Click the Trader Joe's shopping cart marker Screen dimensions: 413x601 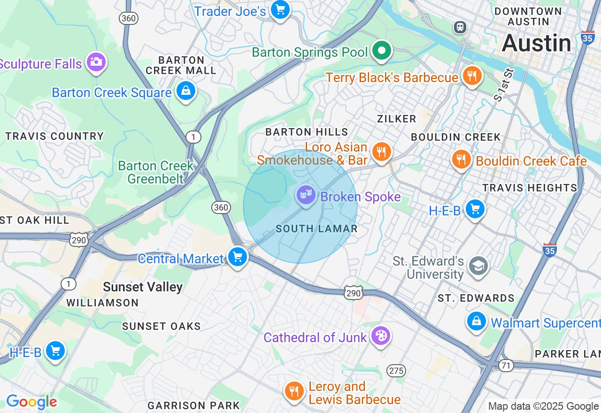click(280, 9)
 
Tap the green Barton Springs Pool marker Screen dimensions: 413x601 click(382, 51)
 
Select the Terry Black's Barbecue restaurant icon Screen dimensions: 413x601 click(472, 76)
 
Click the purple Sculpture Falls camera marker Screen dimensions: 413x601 click(96, 62)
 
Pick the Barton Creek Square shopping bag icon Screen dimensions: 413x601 click(186, 91)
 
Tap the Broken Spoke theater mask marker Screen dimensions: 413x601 click(306, 195)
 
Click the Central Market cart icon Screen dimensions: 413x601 click(238, 257)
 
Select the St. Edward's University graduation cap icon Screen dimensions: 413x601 click(478, 266)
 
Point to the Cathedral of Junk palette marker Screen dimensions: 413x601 click(380, 336)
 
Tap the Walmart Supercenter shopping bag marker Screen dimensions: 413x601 click(477, 321)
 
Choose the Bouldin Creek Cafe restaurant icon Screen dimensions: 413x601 click(462, 159)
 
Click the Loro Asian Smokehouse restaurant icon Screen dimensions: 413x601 click(382, 152)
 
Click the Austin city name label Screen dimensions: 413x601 click(536, 43)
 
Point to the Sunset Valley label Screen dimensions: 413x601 click(143, 287)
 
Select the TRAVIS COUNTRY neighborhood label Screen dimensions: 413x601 click(54, 137)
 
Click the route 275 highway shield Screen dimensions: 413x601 click(396, 371)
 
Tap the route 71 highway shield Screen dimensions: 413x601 click(506, 366)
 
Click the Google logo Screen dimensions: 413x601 click(31, 402)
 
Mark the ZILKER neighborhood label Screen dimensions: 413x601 click(397, 119)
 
